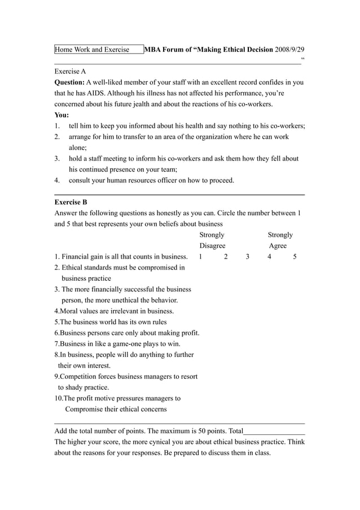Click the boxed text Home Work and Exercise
92,50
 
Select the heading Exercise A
70,71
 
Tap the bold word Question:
69,82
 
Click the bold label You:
62,115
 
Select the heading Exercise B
71,202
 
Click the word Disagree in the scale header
212,246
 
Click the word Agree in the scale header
278,246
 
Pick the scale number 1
201,257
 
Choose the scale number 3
247,257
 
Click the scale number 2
226,257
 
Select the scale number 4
270,257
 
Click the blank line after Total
274,431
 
